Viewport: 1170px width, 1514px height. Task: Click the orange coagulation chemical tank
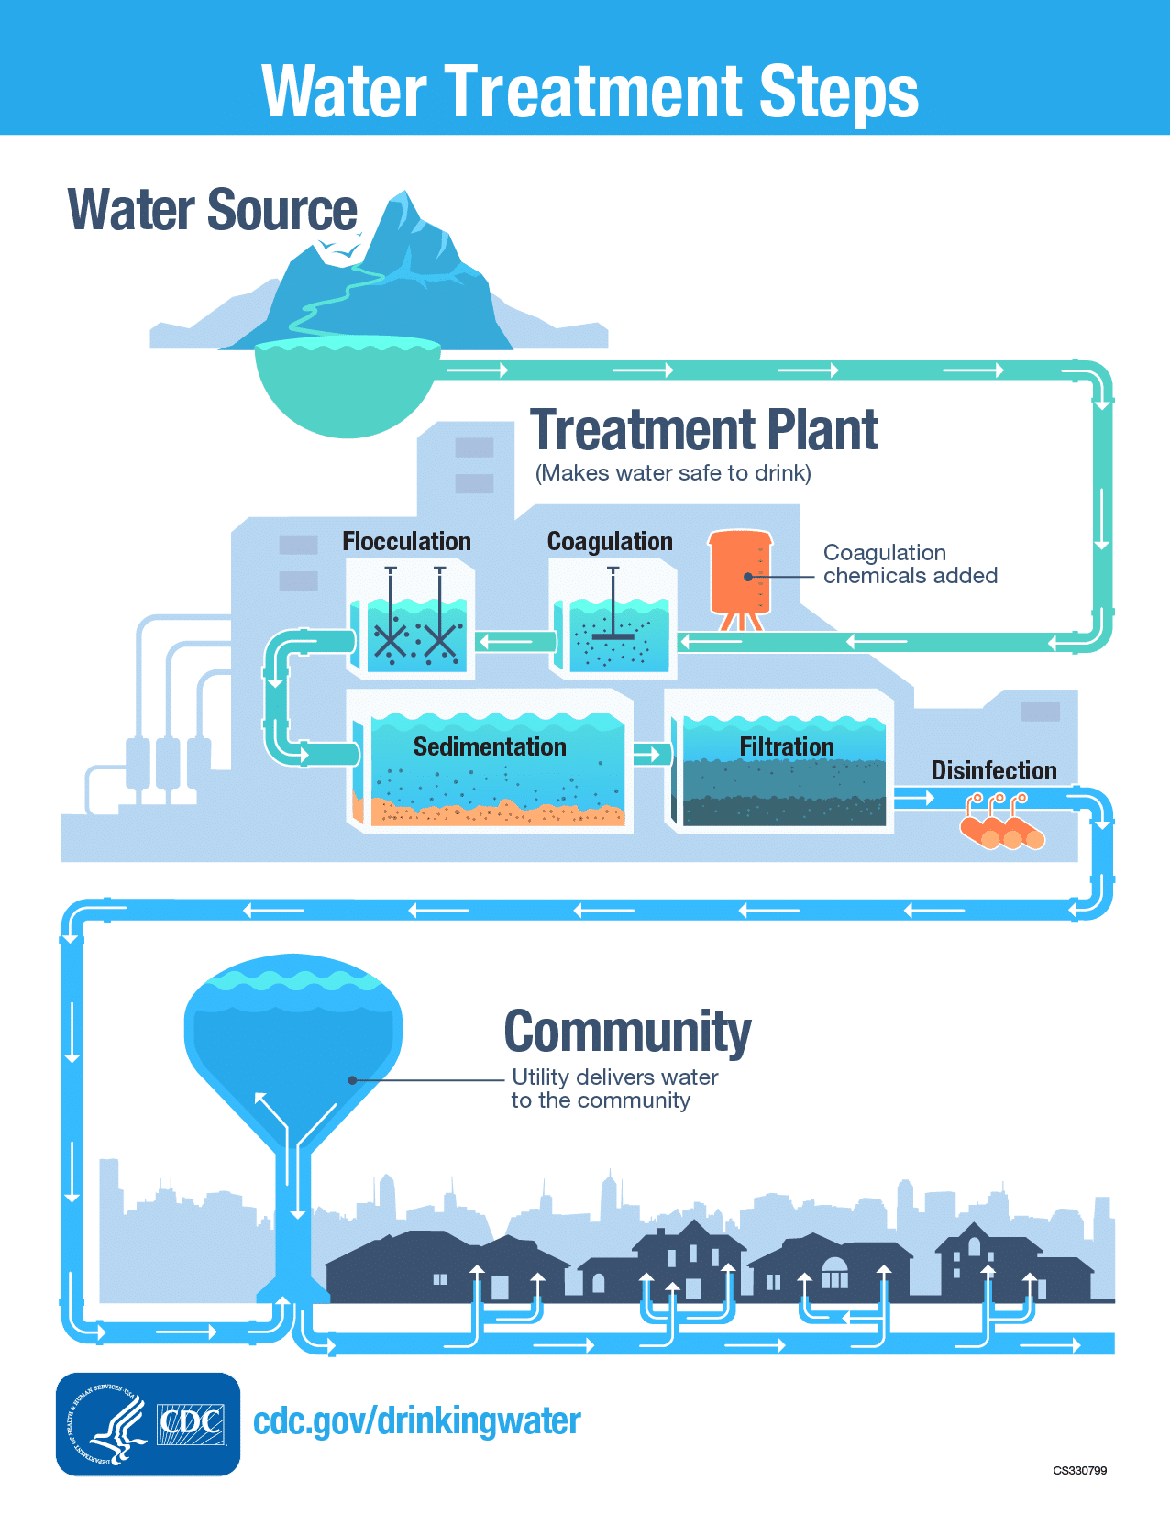click(740, 574)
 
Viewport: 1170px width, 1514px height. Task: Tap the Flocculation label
click(406, 542)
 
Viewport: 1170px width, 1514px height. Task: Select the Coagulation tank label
click(610, 542)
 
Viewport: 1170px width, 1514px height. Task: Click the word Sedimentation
click(490, 747)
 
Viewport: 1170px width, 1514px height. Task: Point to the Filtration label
click(787, 747)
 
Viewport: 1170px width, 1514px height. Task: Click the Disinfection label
click(994, 771)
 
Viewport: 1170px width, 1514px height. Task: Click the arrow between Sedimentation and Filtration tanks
click(647, 755)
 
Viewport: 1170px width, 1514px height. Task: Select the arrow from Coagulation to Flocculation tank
click(507, 641)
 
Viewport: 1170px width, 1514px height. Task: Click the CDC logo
click(192, 1424)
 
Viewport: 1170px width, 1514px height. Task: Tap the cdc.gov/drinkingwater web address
click(417, 1421)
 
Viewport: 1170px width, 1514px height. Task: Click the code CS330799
click(1079, 1471)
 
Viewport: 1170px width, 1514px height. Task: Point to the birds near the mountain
click(338, 249)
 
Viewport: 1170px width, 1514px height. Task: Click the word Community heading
click(627, 1033)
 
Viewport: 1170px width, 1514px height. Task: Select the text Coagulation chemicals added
click(910, 565)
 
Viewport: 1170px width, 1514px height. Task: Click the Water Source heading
click(212, 210)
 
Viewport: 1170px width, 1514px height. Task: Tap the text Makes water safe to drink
click(673, 473)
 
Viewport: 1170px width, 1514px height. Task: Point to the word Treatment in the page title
click(593, 92)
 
